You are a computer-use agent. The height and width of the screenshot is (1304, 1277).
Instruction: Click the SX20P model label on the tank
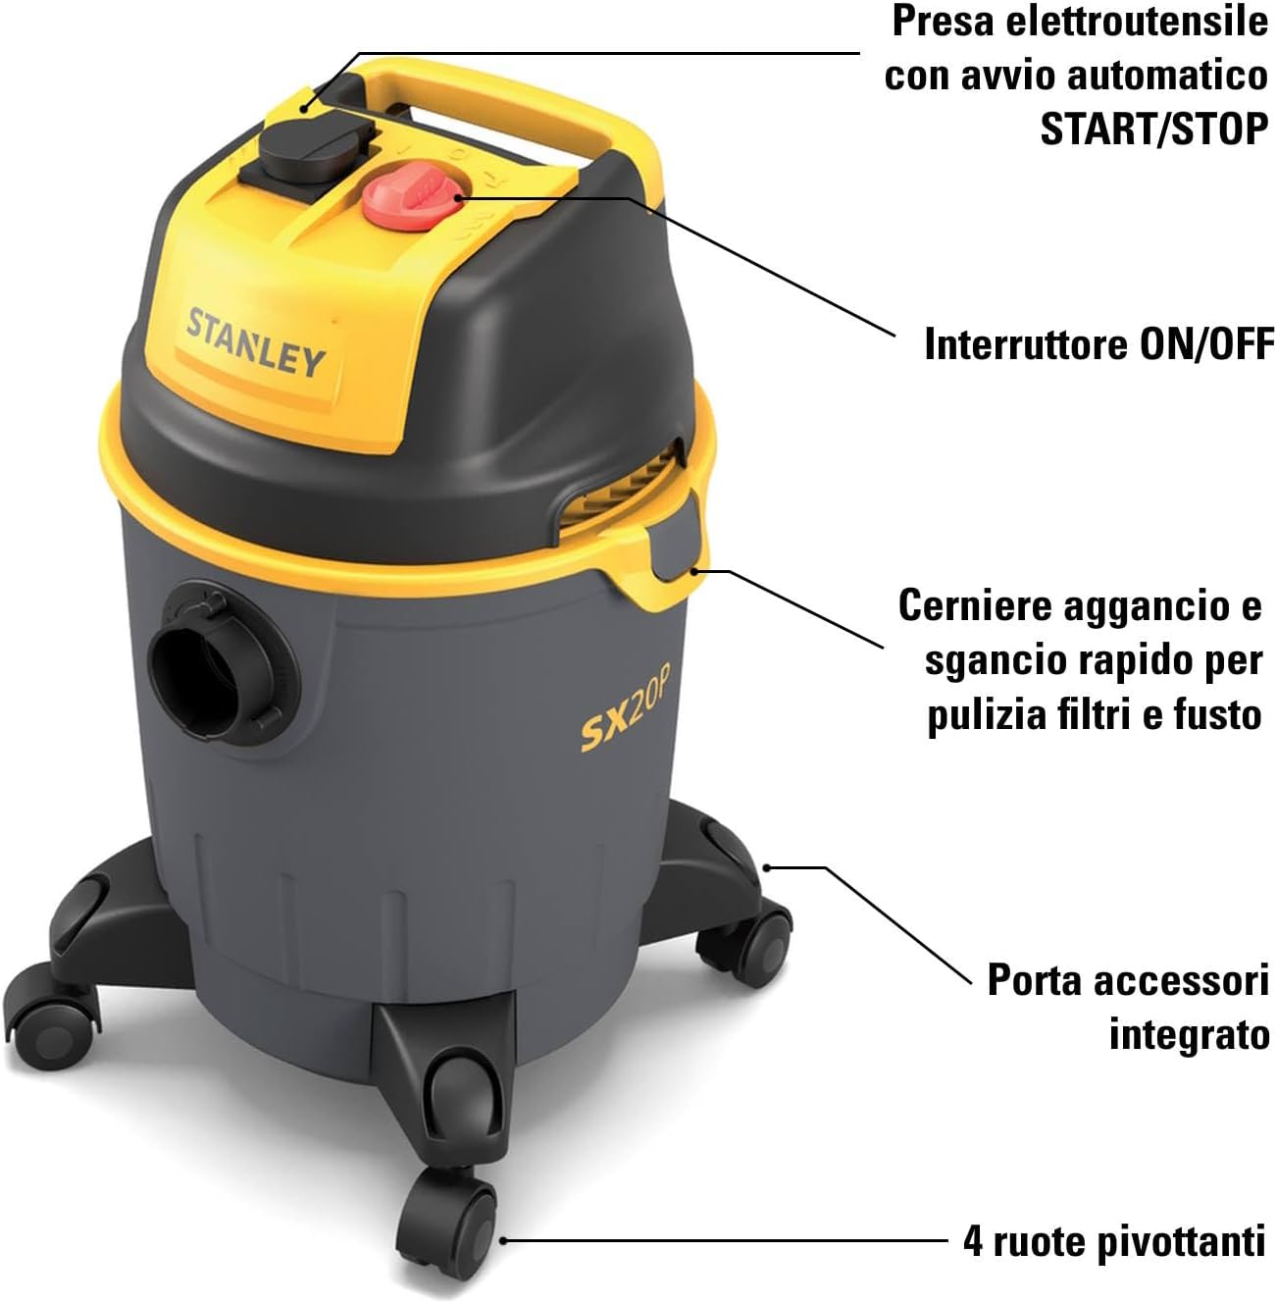point(624,722)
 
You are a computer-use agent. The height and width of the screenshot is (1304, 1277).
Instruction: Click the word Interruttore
point(1026,344)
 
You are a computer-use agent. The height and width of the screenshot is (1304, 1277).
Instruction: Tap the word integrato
point(1189,1034)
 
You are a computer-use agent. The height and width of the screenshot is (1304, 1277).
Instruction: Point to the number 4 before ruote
point(972,1242)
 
